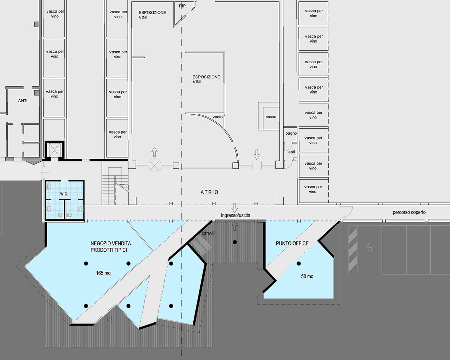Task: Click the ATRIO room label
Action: pos(209,192)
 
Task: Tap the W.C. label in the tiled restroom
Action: pos(64,194)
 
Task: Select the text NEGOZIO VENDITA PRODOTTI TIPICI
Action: pos(111,247)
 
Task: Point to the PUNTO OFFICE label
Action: pos(292,243)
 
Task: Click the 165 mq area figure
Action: pos(103,273)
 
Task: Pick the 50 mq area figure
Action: pos(307,276)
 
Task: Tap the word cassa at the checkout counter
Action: pos(271,117)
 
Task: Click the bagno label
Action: pos(291,133)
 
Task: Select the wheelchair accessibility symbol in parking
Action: pos(369,247)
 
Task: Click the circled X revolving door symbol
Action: pos(155,166)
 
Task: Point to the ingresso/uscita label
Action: pos(236,215)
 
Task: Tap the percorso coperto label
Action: pos(409,212)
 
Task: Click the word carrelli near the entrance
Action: pos(208,233)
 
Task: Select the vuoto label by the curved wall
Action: pos(218,117)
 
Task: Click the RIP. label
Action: pos(183,6)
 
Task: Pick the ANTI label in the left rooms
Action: pos(23,101)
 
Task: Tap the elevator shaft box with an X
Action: pos(54,150)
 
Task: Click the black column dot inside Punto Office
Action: pos(298,264)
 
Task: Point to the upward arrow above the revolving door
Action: pos(154,152)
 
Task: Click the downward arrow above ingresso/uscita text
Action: pos(234,208)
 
